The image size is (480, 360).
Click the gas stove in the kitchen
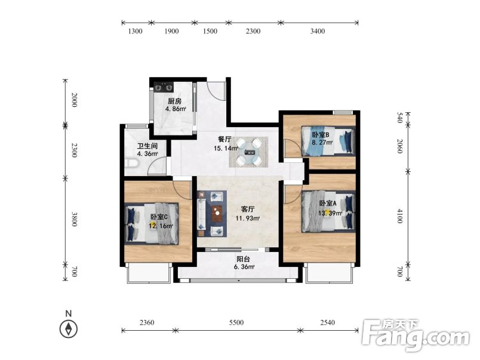(164, 87)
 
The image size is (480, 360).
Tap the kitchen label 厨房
(175, 101)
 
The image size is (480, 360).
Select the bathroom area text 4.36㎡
(147, 153)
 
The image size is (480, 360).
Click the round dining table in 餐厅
(249, 152)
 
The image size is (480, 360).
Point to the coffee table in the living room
(217, 213)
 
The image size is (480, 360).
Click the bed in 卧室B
(328, 141)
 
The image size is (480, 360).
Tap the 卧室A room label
(328, 203)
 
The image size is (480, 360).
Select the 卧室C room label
(159, 217)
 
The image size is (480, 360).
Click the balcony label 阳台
(244, 259)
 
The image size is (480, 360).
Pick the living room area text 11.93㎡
(248, 219)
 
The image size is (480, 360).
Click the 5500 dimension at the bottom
(236, 322)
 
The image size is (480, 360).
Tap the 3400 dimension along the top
(318, 31)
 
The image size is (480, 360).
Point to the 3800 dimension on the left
(74, 219)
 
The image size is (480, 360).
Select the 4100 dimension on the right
(399, 216)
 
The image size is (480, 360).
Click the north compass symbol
(69, 329)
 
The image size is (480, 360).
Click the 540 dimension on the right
(399, 118)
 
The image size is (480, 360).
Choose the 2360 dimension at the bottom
(147, 322)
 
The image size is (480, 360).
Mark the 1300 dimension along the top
(135, 31)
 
